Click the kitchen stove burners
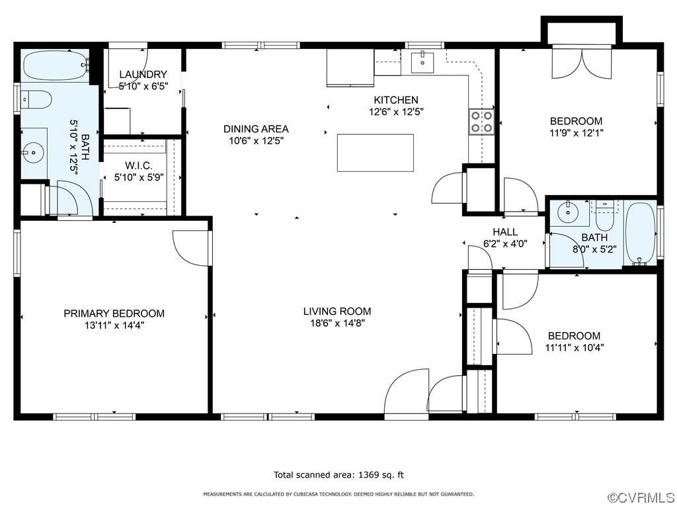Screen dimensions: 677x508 [x=482, y=122]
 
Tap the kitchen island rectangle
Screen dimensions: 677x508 [x=376, y=153]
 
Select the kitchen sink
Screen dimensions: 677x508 [x=422, y=62]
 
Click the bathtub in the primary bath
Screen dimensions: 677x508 [x=56, y=65]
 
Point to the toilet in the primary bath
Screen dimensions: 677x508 [x=36, y=99]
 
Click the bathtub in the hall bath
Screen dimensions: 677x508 [x=641, y=233]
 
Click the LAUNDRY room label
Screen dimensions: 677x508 [x=143, y=74]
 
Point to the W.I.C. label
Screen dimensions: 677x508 [x=139, y=165]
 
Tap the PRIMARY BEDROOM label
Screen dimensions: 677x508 [x=114, y=313]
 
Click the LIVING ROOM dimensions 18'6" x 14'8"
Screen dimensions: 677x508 [x=337, y=323]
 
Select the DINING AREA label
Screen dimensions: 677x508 [x=256, y=129]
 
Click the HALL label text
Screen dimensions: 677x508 [x=505, y=232]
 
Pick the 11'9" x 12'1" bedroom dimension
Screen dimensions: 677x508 [x=576, y=132]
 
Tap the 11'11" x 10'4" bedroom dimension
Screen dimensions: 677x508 [x=575, y=347]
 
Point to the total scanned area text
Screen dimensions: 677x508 [x=338, y=475]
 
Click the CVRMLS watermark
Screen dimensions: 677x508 [x=641, y=497]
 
